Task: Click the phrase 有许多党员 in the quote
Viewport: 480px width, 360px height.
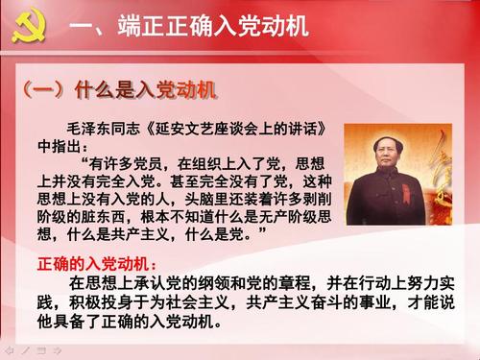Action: pyautogui.click(x=140, y=164)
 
